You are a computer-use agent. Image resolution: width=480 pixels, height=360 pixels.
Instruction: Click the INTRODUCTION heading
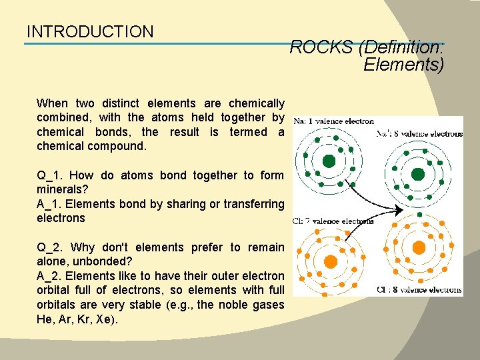point(90,31)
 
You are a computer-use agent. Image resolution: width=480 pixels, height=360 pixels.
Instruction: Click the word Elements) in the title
point(403,65)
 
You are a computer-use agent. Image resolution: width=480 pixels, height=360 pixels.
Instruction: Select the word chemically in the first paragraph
point(256,103)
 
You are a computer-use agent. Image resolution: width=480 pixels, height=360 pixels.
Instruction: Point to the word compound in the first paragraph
point(117,146)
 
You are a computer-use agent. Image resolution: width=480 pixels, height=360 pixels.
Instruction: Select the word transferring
point(251,204)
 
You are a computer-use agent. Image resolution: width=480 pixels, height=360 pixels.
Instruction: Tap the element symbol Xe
point(105,319)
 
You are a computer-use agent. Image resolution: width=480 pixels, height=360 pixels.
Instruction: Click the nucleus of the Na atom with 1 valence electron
point(329,161)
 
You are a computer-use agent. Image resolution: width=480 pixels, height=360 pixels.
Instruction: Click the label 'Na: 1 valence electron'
point(334,121)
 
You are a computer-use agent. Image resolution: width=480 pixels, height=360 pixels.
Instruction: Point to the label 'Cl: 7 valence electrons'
point(334,221)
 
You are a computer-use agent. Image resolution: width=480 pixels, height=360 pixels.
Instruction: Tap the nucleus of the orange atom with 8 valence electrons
point(419,247)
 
